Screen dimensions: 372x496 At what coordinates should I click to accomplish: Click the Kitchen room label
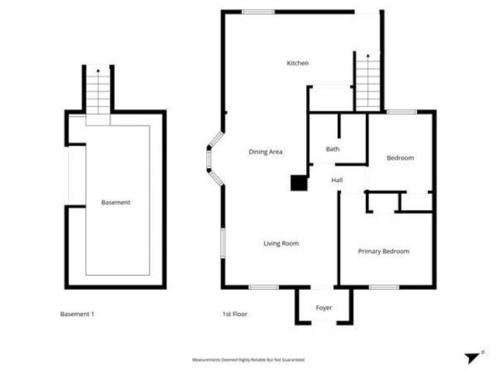(298, 63)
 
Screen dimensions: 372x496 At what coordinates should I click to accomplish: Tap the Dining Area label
(265, 152)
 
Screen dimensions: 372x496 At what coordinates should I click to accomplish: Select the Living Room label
(281, 243)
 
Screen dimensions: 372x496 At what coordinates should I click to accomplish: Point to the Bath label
(332, 149)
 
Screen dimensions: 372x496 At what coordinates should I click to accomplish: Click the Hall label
(337, 181)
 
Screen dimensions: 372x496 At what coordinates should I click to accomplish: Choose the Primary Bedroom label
(383, 251)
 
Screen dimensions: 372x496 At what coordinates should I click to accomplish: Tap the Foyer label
(324, 308)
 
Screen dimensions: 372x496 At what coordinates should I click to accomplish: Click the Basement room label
(115, 202)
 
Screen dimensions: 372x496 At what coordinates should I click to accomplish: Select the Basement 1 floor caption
(77, 314)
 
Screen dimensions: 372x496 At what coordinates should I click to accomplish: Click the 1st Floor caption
(235, 314)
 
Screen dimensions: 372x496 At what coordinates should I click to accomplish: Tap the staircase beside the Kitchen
(368, 81)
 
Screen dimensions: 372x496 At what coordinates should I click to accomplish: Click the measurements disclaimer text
(248, 360)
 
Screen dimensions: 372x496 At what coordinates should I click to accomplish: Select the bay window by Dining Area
(213, 159)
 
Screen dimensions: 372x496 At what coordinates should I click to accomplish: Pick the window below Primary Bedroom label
(383, 288)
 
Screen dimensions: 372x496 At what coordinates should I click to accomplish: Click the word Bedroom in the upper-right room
(400, 158)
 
